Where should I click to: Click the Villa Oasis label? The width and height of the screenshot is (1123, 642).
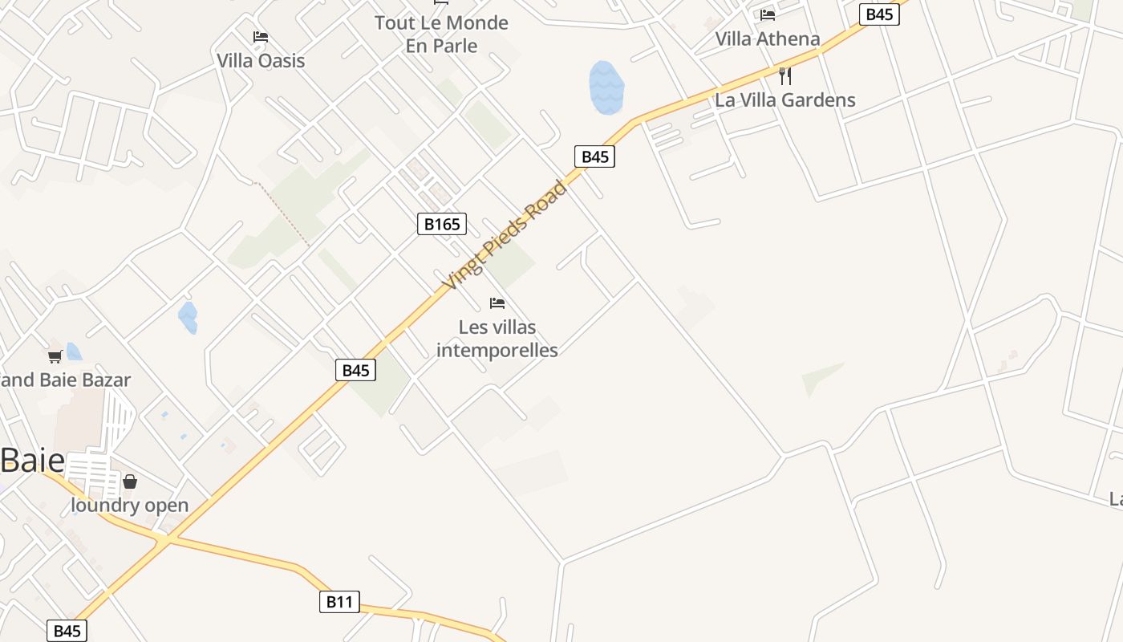point(261,60)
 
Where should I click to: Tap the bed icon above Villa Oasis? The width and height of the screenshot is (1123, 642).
point(260,37)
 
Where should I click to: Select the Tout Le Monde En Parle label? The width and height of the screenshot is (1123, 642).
point(441,34)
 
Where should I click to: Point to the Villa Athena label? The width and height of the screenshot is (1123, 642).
point(768,39)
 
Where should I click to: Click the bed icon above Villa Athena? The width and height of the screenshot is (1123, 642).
point(768,14)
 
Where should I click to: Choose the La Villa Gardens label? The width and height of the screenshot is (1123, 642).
point(784,100)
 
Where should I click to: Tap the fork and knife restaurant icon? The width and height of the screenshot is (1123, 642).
point(785,76)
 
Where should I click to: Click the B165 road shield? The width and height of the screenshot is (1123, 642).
point(441,224)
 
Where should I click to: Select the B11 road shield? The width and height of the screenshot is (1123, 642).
point(339,601)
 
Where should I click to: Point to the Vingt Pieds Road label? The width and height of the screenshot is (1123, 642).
point(505,236)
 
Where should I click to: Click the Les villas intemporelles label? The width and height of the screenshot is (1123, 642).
point(497,338)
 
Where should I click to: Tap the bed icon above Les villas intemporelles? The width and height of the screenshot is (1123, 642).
point(497,303)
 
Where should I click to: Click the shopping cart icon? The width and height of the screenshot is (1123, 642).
point(55,356)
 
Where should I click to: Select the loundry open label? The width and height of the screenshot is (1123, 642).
point(130,506)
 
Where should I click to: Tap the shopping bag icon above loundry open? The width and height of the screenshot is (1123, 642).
point(130,481)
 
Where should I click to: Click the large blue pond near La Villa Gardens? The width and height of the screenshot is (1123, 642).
point(606,87)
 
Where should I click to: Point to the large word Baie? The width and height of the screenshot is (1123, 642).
point(32,461)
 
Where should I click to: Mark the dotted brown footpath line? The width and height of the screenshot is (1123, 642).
point(282,213)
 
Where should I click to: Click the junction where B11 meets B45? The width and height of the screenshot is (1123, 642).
point(163,540)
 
